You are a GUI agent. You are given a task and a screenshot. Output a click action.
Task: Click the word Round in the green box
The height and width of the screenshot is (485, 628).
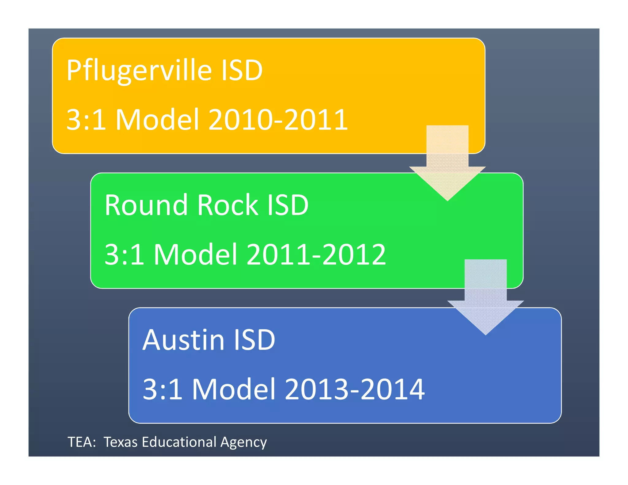146,205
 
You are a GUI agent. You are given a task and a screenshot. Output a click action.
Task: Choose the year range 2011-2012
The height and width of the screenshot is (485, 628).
316,254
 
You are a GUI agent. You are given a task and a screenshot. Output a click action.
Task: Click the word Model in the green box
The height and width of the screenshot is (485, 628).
196,254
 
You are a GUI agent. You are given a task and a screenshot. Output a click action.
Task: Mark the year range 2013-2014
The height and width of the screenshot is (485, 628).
354,389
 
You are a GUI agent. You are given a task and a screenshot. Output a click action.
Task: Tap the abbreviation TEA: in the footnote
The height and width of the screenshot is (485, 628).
82,442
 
